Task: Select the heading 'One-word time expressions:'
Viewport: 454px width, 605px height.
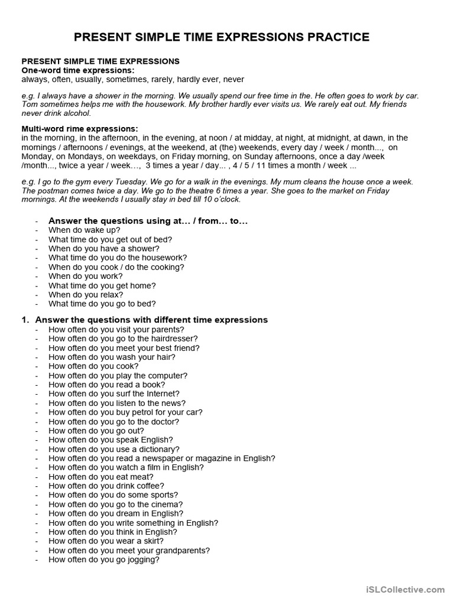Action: (78, 70)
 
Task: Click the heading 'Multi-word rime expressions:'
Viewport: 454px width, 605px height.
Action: (80, 128)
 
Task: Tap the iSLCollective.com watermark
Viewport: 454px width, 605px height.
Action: (405, 589)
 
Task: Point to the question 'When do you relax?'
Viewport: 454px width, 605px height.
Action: (86, 294)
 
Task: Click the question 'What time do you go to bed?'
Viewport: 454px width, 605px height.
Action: (102, 304)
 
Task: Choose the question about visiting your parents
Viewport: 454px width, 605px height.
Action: (116, 329)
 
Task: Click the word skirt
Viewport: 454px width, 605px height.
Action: (153, 541)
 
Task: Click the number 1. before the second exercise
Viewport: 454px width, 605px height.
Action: (25, 320)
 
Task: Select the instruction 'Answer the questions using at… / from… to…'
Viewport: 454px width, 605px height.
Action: (148, 220)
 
